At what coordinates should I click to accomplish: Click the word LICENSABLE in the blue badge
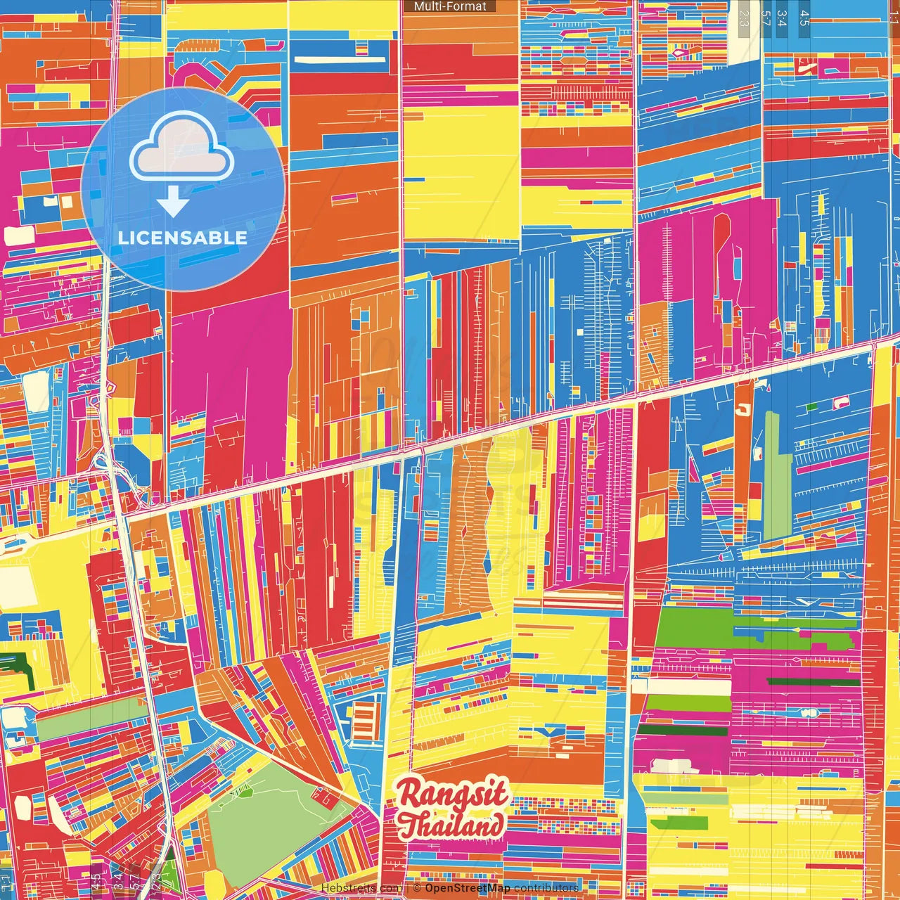click(183, 238)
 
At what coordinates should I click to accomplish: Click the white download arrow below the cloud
click(173, 202)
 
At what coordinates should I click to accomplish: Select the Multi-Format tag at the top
click(450, 6)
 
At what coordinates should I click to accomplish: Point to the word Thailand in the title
click(454, 824)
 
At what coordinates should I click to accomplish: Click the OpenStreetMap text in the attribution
click(468, 888)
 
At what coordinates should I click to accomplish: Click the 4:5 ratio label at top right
click(804, 18)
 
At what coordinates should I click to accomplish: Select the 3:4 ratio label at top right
click(782, 18)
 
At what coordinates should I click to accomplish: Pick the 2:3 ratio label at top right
click(744, 18)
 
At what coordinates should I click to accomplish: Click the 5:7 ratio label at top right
click(764, 18)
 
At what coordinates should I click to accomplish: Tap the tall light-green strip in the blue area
click(772, 475)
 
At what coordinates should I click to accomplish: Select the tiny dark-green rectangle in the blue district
click(812, 406)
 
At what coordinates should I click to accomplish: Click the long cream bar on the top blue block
click(340, 60)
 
